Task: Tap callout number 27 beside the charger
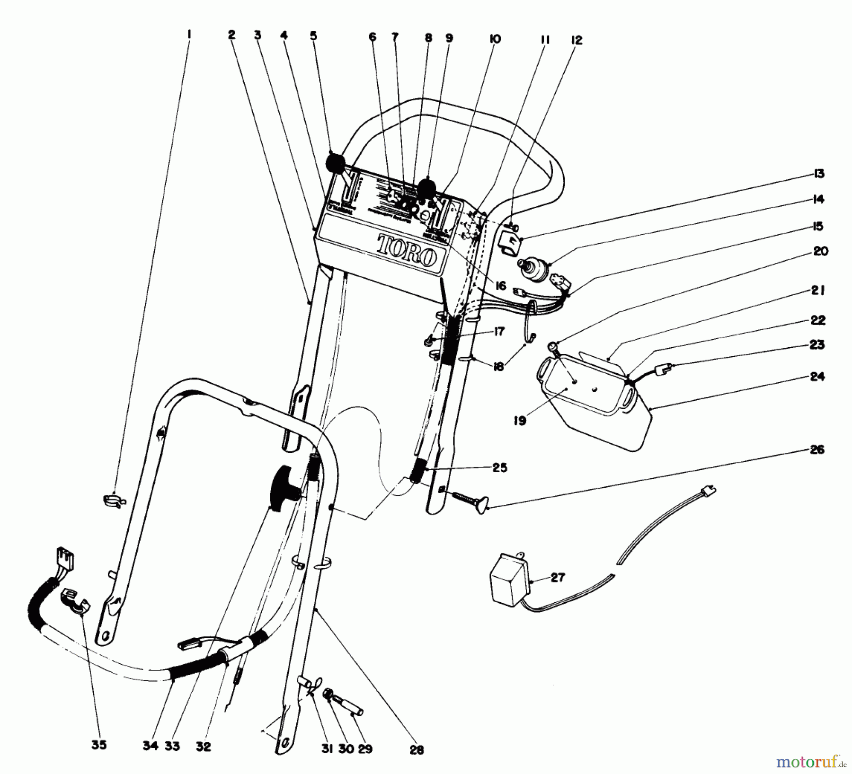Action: pyautogui.click(x=558, y=578)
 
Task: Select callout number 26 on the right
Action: pyautogui.click(x=817, y=450)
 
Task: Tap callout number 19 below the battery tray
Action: pyautogui.click(x=520, y=421)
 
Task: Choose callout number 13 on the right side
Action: pyautogui.click(x=819, y=174)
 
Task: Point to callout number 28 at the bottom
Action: pyautogui.click(x=417, y=749)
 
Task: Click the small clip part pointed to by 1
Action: pyautogui.click(x=114, y=500)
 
